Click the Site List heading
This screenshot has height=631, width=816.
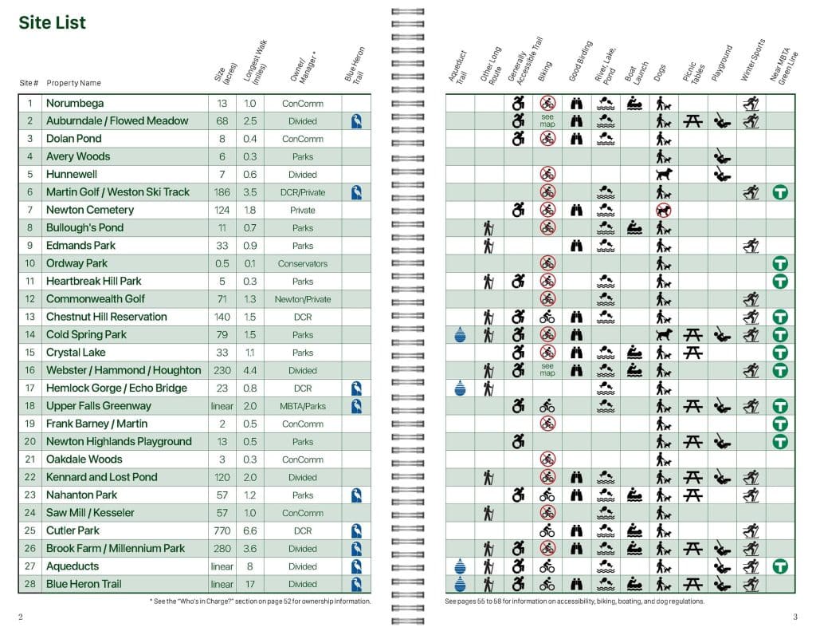[x=52, y=22]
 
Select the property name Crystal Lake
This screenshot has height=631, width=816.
[x=76, y=353]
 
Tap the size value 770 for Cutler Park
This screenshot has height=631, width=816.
[x=222, y=530]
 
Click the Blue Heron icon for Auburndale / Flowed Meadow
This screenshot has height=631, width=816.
[x=357, y=121]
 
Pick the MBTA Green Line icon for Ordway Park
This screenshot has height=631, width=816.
[x=780, y=263]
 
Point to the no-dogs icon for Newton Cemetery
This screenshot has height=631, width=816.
[x=662, y=210]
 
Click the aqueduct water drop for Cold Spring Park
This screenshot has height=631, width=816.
[x=460, y=335]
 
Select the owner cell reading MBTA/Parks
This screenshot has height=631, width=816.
[x=303, y=406]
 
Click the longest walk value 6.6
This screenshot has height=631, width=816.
[x=249, y=530]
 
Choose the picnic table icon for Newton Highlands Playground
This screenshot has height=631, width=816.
[x=692, y=442]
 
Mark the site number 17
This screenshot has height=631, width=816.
[x=29, y=388]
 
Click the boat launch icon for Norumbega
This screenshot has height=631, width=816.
[x=634, y=103]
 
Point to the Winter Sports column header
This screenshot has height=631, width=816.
[x=752, y=60]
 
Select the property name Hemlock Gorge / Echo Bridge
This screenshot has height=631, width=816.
[x=116, y=388]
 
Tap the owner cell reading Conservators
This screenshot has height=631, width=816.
[x=303, y=263]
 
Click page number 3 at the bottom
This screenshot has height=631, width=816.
[x=794, y=617]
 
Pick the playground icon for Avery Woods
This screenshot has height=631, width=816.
[x=722, y=157]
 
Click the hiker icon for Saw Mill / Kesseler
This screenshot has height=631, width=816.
[x=489, y=513]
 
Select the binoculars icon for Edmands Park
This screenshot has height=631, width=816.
[x=577, y=246]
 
